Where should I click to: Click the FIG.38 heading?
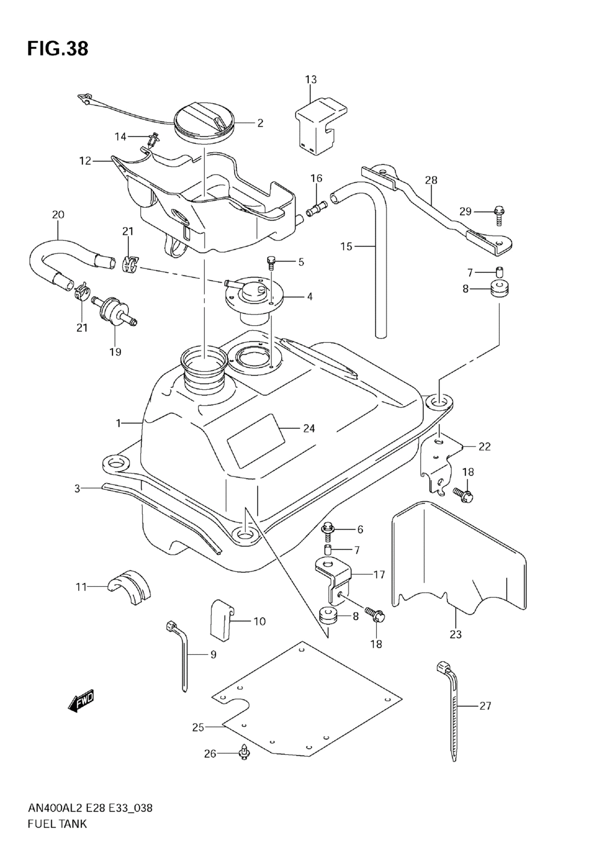coord(58,49)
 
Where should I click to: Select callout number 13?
coord(311,80)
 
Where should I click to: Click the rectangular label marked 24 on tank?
coord(256,440)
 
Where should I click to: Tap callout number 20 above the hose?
coord(58,215)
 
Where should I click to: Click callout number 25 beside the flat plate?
coord(198,728)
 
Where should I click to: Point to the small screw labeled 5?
coord(271,263)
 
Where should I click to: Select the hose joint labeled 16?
coord(316,208)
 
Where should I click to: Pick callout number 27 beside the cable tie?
coord(485,706)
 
